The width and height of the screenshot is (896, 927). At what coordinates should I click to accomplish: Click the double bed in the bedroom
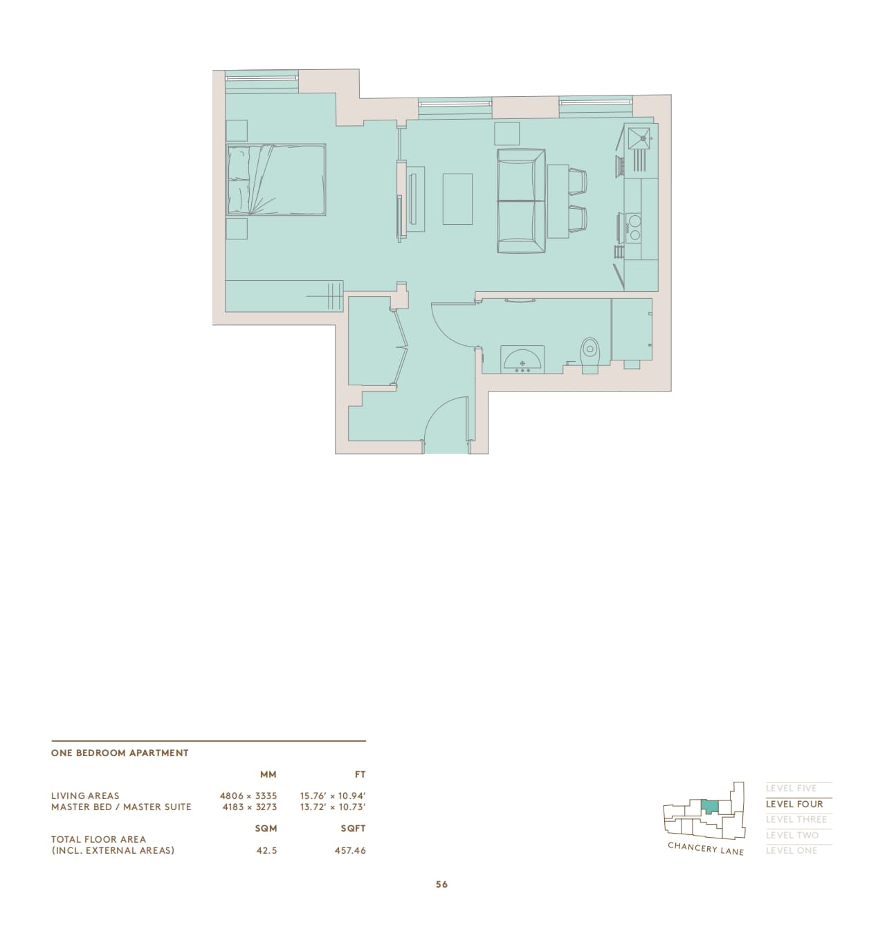pyautogui.click(x=276, y=179)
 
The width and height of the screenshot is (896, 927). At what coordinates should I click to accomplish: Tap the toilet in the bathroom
pyautogui.click(x=589, y=356)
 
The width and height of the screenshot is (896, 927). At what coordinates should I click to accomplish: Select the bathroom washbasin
pyautogui.click(x=522, y=359)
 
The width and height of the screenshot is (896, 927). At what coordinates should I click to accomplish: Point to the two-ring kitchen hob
pyautogui.click(x=634, y=227)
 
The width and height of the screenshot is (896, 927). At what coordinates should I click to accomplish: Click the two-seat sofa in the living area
pyautogui.click(x=521, y=201)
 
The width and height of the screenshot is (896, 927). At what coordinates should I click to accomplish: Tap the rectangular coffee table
pyautogui.click(x=457, y=199)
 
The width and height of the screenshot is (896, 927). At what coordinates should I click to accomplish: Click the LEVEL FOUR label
pyautogui.click(x=794, y=804)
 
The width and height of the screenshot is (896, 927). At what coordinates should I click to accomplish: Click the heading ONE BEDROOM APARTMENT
pyautogui.click(x=120, y=753)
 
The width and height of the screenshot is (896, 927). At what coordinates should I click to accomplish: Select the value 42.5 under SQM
pyautogui.click(x=267, y=850)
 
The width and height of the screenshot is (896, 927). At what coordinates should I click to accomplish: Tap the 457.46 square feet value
pyautogui.click(x=350, y=850)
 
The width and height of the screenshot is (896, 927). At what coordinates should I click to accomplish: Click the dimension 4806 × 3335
pyautogui.click(x=248, y=796)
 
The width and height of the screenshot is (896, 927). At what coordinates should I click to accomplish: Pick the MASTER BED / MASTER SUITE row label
pyautogui.click(x=121, y=807)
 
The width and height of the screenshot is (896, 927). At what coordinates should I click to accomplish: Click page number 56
pyautogui.click(x=441, y=884)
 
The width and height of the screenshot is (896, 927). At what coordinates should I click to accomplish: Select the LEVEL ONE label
pyautogui.click(x=792, y=850)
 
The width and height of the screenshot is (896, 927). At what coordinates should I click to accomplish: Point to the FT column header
pyautogui.click(x=360, y=775)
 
